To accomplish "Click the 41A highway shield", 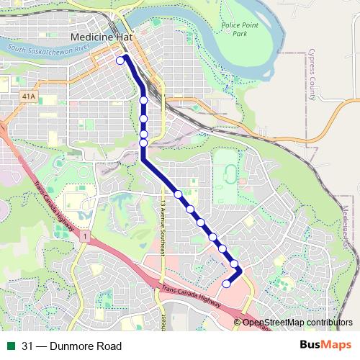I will [29, 95].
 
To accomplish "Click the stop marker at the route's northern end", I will [120, 61].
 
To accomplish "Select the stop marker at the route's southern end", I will [226, 284].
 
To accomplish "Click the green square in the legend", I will [11, 346].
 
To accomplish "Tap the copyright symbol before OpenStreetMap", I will [238, 323].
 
